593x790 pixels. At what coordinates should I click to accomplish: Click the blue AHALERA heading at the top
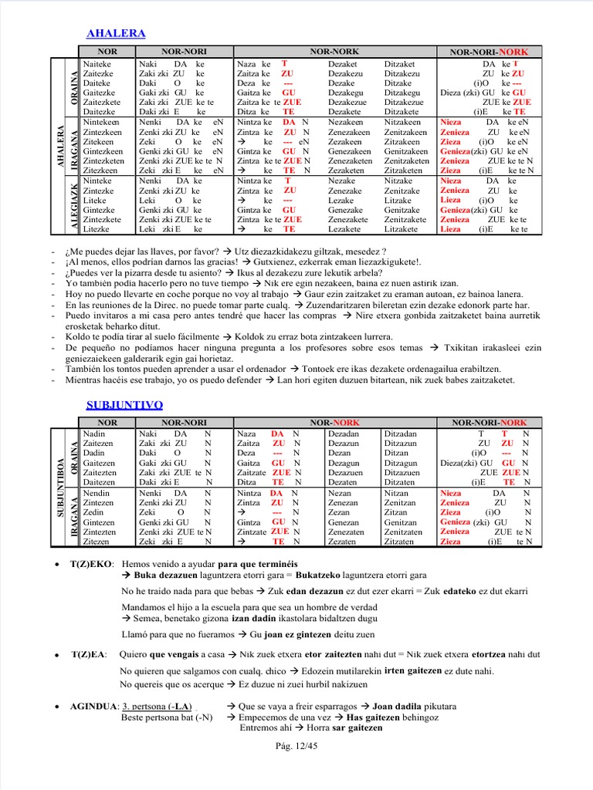[116, 33]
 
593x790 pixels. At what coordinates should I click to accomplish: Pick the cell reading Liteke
[93, 200]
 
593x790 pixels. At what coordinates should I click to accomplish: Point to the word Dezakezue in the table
[347, 102]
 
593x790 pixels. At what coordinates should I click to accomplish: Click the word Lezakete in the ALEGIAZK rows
[344, 229]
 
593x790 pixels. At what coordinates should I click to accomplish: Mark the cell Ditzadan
[402, 434]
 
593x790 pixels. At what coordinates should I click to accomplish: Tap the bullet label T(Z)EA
[92, 654]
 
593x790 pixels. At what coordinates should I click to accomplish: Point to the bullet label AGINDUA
[93, 706]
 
